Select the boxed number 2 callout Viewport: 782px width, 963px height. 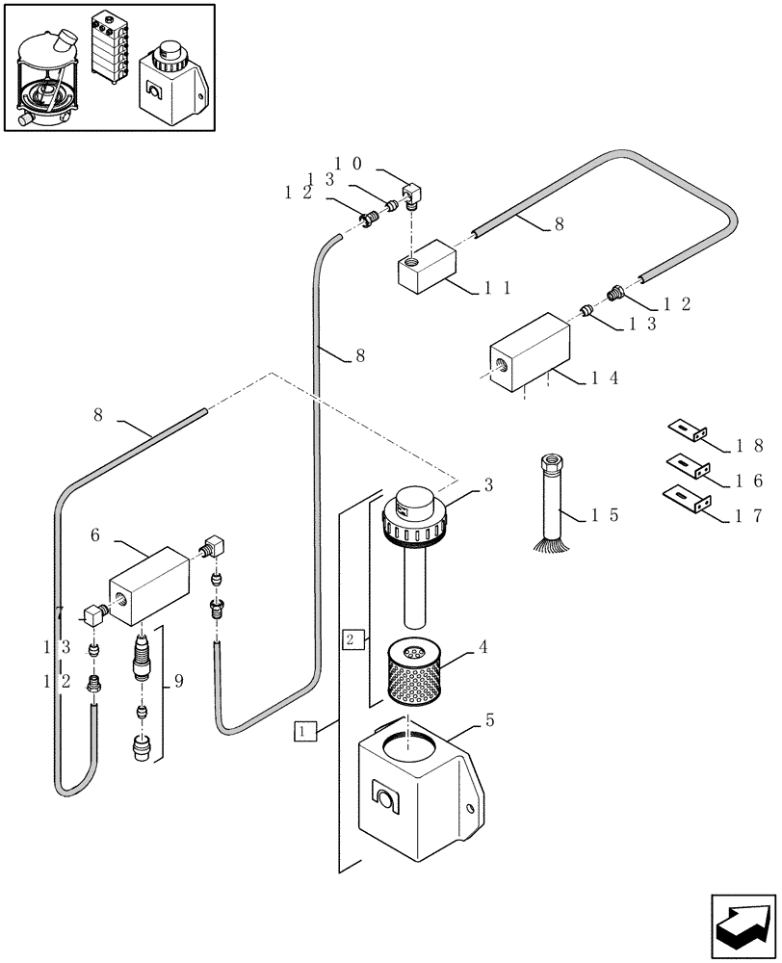pyautogui.click(x=352, y=638)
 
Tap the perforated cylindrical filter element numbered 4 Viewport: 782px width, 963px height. pyautogui.click(x=411, y=674)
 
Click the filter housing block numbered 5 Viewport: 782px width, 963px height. pyautogui.click(x=419, y=790)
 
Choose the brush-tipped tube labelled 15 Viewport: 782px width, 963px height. pyautogui.click(x=551, y=506)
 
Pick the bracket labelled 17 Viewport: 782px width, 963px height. pyautogui.click(x=687, y=500)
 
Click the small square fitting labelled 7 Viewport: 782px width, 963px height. pyautogui.click(x=93, y=612)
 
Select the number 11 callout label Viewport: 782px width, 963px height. pyautogui.click(x=499, y=286)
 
